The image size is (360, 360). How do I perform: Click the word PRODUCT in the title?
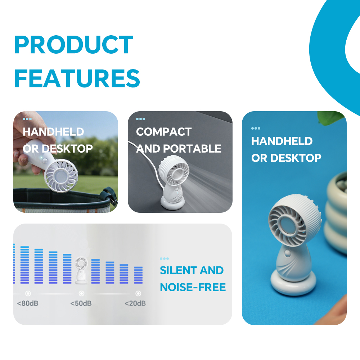74,45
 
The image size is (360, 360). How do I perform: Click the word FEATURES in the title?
77,78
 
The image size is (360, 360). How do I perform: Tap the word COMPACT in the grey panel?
164,132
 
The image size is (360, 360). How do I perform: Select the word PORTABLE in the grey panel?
192,149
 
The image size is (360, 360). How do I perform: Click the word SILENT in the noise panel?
178,270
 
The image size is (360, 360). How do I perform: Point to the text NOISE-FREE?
193,287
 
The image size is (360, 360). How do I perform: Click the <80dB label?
28,303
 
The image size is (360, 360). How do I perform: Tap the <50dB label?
81,303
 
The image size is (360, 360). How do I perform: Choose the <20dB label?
135,303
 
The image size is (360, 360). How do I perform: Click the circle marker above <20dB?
138,293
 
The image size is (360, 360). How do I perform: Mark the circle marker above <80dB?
28,293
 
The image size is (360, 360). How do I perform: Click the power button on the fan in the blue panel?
287,253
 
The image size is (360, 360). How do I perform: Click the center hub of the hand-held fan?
60,176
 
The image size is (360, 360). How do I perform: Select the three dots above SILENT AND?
164,258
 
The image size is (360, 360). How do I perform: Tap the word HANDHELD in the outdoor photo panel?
53,132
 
